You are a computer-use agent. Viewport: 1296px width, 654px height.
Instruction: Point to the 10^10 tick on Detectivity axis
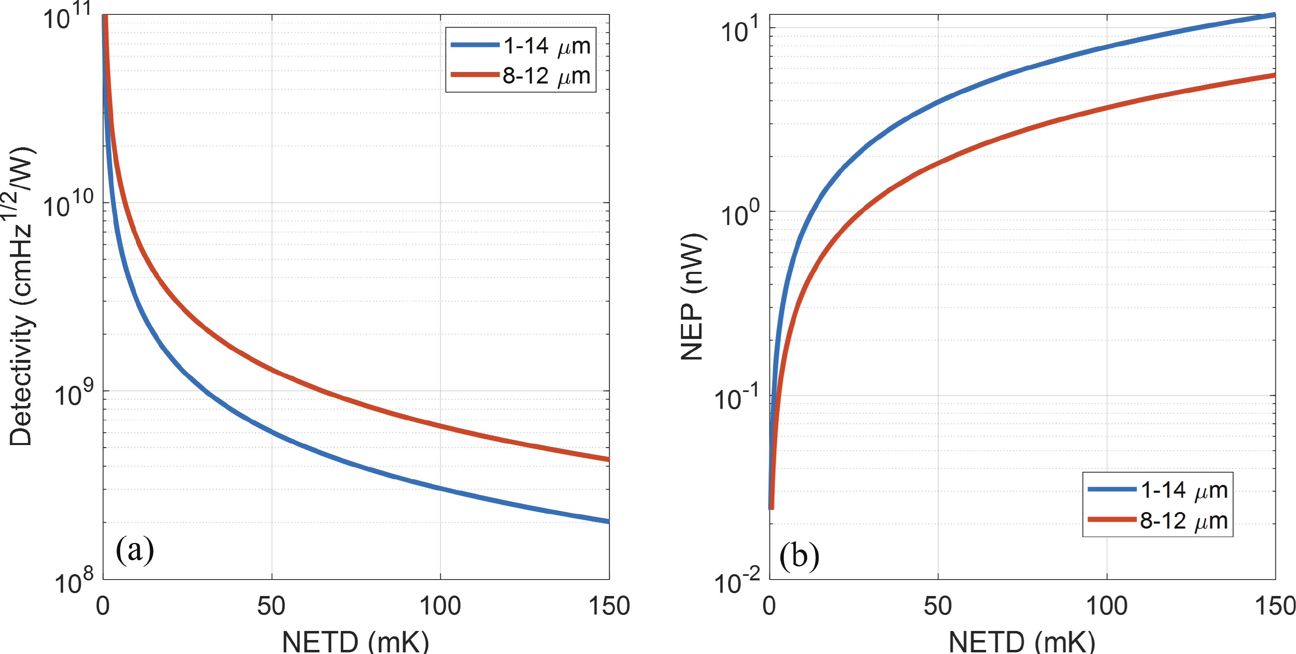68,205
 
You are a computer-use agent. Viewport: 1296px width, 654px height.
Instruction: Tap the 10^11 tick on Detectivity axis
68,17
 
